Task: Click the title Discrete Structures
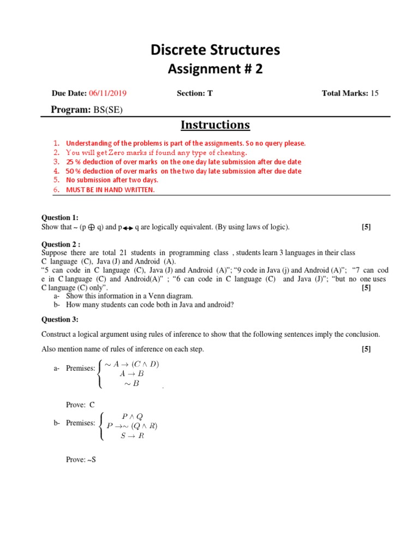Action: click(215, 50)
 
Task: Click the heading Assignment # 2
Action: click(215, 69)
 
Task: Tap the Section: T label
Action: click(194, 93)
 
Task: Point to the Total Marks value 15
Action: click(374, 93)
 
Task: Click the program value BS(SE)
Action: click(108, 110)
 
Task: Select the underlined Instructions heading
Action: click(215, 125)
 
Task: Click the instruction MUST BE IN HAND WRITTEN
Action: click(110, 189)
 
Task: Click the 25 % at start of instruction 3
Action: click(73, 162)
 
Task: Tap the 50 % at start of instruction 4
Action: click(73, 171)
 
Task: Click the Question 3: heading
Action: click(60, 319)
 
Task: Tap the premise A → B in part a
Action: click(131, 374)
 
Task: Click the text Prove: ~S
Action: click(81, 460)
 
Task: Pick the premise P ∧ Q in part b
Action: click(133, 416)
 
